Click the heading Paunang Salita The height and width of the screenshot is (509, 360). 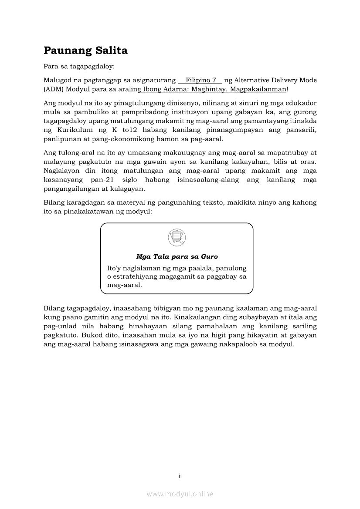(x=85, y=51)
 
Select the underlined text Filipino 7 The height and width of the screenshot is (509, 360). (x=201, y=81)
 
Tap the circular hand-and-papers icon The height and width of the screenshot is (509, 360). (x=177, y=238)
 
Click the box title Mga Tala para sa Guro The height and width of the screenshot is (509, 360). (x=177, y=257)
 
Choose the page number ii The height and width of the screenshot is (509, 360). (x=180, y=476)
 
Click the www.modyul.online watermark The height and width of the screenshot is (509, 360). (x=180, y=494)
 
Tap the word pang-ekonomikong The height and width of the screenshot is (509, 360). (x=123, y=139)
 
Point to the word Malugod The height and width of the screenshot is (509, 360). (x=57, y=81)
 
